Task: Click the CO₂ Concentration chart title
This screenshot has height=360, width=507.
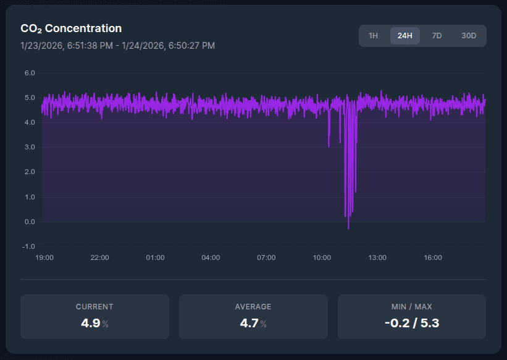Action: pyautogui.click(x=71, y=28)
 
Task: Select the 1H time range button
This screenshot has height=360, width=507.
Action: pyautogui.click(x=373, y=36)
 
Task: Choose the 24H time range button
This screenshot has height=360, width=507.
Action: pyautogui.click(x=404, y=36)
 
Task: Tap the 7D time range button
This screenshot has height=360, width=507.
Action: pyautogui.click(x=437, y=36)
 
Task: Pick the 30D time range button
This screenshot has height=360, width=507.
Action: pyautogui.click(x=469, y=36)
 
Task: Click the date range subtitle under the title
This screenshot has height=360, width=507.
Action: pyautogui.click(x=117, y=46)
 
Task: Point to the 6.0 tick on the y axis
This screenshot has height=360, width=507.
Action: pyautogui.click(x=29, y=73)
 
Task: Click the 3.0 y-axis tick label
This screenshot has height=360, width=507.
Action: pyautogui.click(x=29, y=147)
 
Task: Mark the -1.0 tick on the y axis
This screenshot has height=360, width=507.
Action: pyautogui.click(x=28, y=246)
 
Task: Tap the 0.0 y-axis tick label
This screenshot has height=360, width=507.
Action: pyautogui.click(x=29, y=222)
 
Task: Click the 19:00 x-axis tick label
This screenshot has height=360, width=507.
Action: pyautogui.click(x=44, y=257)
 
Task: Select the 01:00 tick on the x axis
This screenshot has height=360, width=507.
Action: pyautogui.click(x=155, y=257)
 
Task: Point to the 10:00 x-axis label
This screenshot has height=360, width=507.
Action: pyautogui.click(x=322, y=257)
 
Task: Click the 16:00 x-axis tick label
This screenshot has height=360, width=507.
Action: pyautogui.click(x=433, y=257)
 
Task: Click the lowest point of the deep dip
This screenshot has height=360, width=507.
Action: pyautogui.click(x=348, y=228)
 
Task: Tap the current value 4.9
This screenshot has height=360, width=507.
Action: pyautogui.click(x=90, y=323)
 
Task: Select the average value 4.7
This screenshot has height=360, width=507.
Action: pyautogui.click(x=249, y=323)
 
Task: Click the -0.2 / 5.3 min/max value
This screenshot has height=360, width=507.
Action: pyautogui.click(x=411, y=323)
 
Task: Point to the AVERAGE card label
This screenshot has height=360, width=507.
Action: pyautogui.click(x=253, y=306)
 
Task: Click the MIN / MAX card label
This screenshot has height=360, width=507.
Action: pyautogui.click(x=411, y=306)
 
